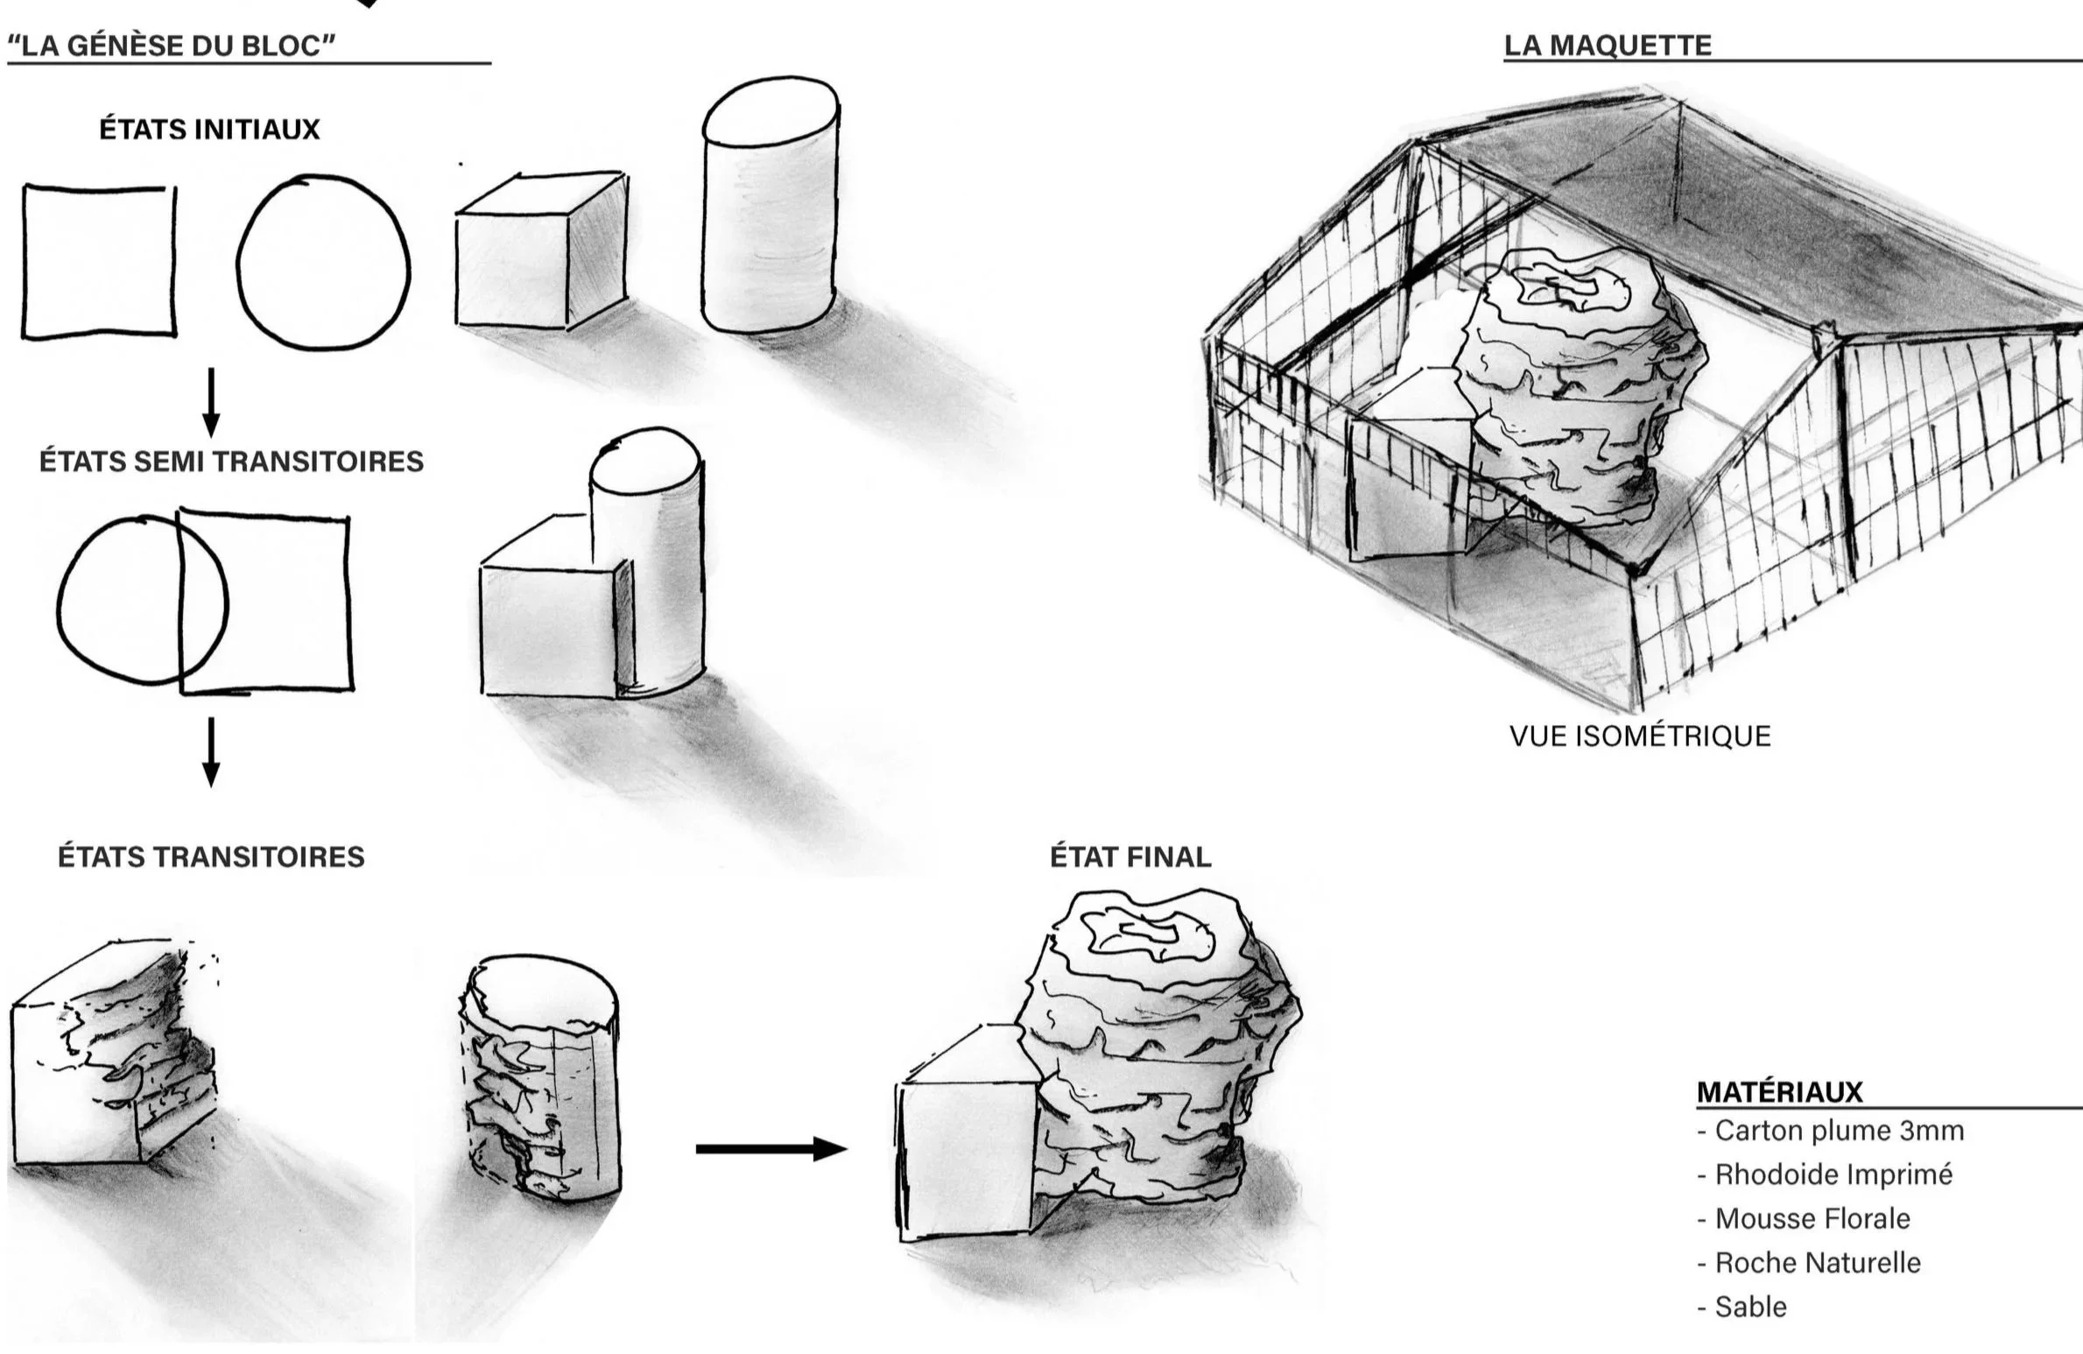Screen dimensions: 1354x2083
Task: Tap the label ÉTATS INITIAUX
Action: (x=209, y=130)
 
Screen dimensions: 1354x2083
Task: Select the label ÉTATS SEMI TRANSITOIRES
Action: (x=231, y=462)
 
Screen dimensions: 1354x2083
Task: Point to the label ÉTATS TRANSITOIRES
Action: (x=211, y=857)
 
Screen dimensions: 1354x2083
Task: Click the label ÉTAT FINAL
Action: (x=1130, y=857)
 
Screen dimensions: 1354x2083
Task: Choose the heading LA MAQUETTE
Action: (x=1608, y=45)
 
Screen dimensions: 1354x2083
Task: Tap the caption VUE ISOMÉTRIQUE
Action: (x=1640, y=736)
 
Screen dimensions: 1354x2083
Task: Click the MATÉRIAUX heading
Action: (x=1780, y=1091)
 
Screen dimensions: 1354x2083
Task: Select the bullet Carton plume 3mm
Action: (x=1839, y=1131)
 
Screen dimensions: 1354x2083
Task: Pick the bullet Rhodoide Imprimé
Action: (x=1833, y=1174)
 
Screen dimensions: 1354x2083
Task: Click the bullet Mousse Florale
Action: (x=1812, y=1218)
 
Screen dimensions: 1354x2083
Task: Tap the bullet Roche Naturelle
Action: (x=1818, y=1262)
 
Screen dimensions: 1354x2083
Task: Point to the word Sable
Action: (x=1751, y=1307)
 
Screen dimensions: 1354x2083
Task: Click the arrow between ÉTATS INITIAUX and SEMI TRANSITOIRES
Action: (x=210, y=403)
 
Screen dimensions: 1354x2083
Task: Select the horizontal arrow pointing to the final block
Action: (x=771, y=1149)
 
